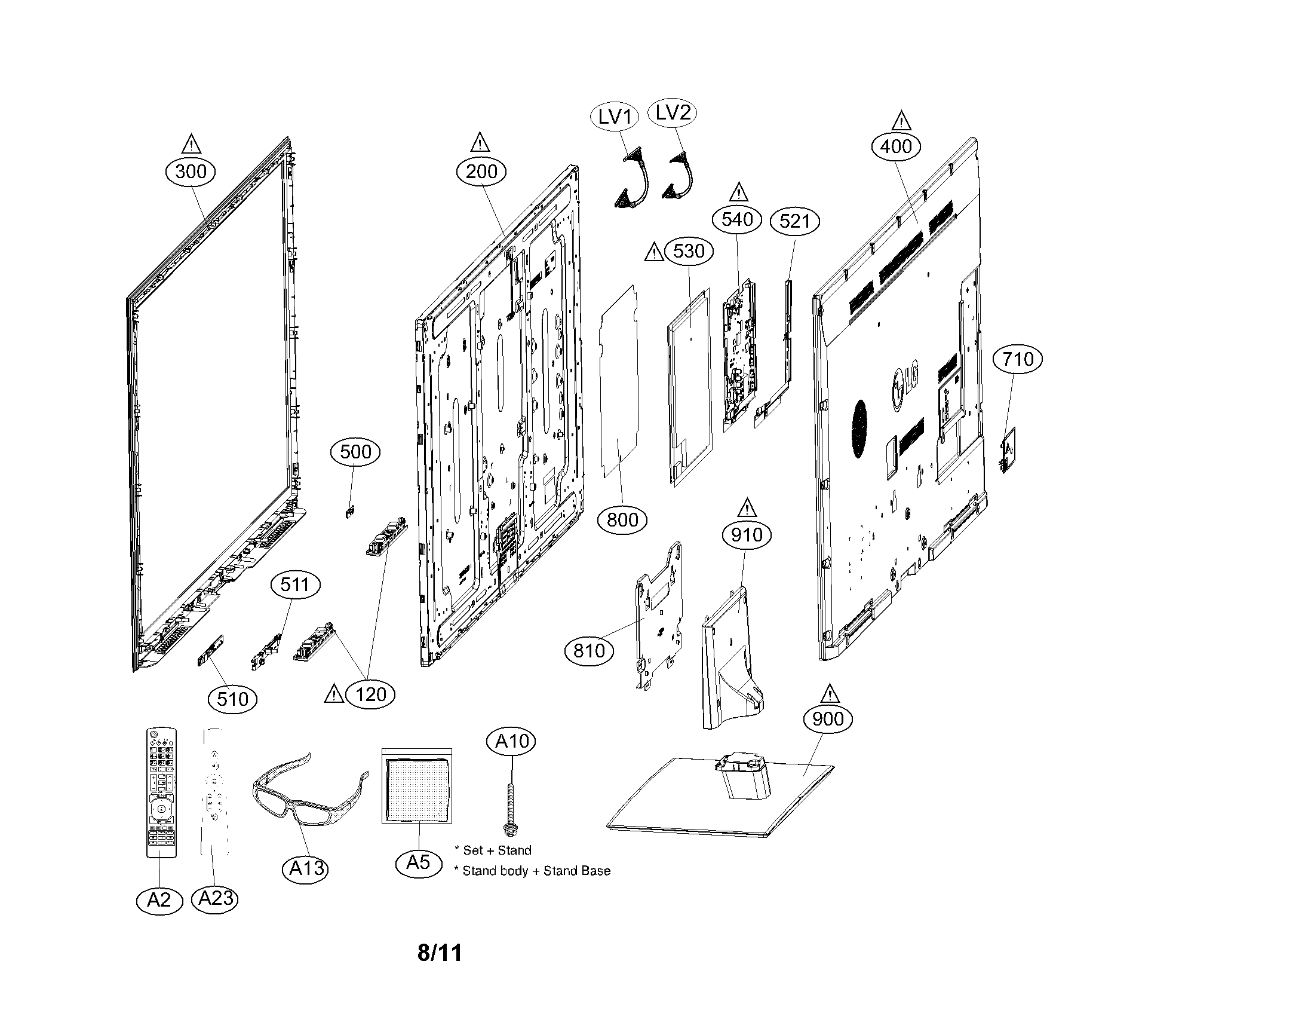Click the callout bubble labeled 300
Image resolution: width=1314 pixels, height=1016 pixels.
pos(191,172)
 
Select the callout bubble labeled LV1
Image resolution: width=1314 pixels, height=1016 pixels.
pos(614,117)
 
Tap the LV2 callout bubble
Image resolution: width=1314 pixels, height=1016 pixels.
pos(672,112)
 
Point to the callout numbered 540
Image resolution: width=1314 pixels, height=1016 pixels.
pos(737,220)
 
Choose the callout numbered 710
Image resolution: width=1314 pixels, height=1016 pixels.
pos(1018,359)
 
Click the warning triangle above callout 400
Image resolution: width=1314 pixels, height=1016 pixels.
pos(901,121)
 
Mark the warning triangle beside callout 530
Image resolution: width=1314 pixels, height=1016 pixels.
pos(654,252)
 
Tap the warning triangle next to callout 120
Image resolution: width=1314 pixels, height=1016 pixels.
pos(334,693)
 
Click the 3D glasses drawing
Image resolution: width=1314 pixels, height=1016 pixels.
pos(309,788)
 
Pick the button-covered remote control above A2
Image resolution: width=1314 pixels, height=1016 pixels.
pos(161,792)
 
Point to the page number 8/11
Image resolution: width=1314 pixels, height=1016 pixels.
pos(440,953)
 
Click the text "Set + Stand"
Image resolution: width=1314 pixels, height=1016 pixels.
pos(497,850)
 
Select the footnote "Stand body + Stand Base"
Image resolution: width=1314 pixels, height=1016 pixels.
pos(536,870)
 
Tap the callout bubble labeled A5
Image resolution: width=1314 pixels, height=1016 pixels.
pos(418,862)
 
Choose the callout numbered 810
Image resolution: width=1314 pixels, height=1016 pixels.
pos(589,651)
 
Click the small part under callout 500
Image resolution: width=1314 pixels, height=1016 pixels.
pos(349,512)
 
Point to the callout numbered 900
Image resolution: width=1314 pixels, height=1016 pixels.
pos(828,718)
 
